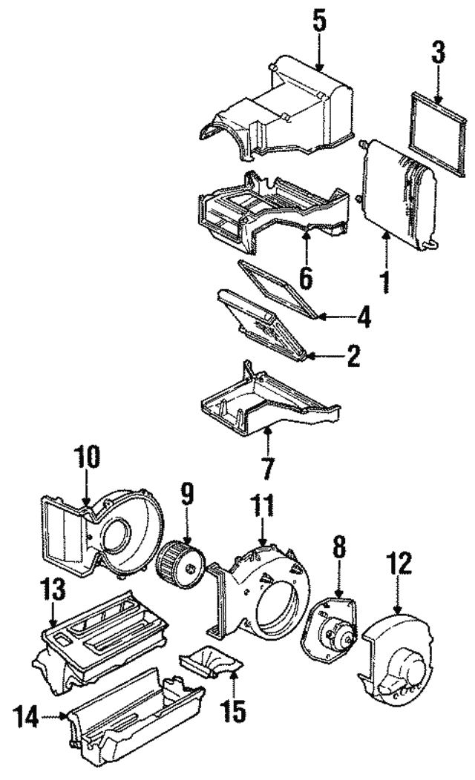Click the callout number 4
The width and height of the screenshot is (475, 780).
click(x=363, y=317)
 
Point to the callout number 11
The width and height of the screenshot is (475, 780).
click(x=263, y=508)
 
